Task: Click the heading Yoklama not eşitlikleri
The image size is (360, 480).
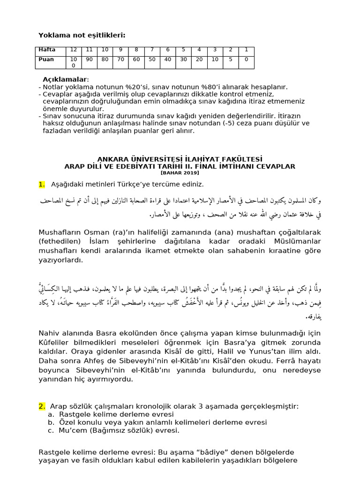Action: click(x=82, y=35)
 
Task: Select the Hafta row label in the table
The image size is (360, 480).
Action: click(x=47, y=50)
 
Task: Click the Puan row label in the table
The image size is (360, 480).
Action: click(x=46, y=60)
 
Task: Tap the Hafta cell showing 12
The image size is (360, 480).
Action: click(x=74, y=50)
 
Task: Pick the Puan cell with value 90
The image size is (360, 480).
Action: click(x=89, y=60)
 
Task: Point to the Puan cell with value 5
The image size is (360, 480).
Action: click(x=231, y=60)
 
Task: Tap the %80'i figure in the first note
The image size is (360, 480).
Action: click(x=203, y=87)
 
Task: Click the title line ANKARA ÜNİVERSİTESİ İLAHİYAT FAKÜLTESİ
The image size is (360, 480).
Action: click(x=180, y=159)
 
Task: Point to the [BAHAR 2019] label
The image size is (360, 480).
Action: click(x=180, y=172)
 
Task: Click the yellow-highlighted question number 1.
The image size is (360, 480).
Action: click(x=42, y=184)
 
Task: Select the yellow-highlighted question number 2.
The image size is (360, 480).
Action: click(x=42, y=406)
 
